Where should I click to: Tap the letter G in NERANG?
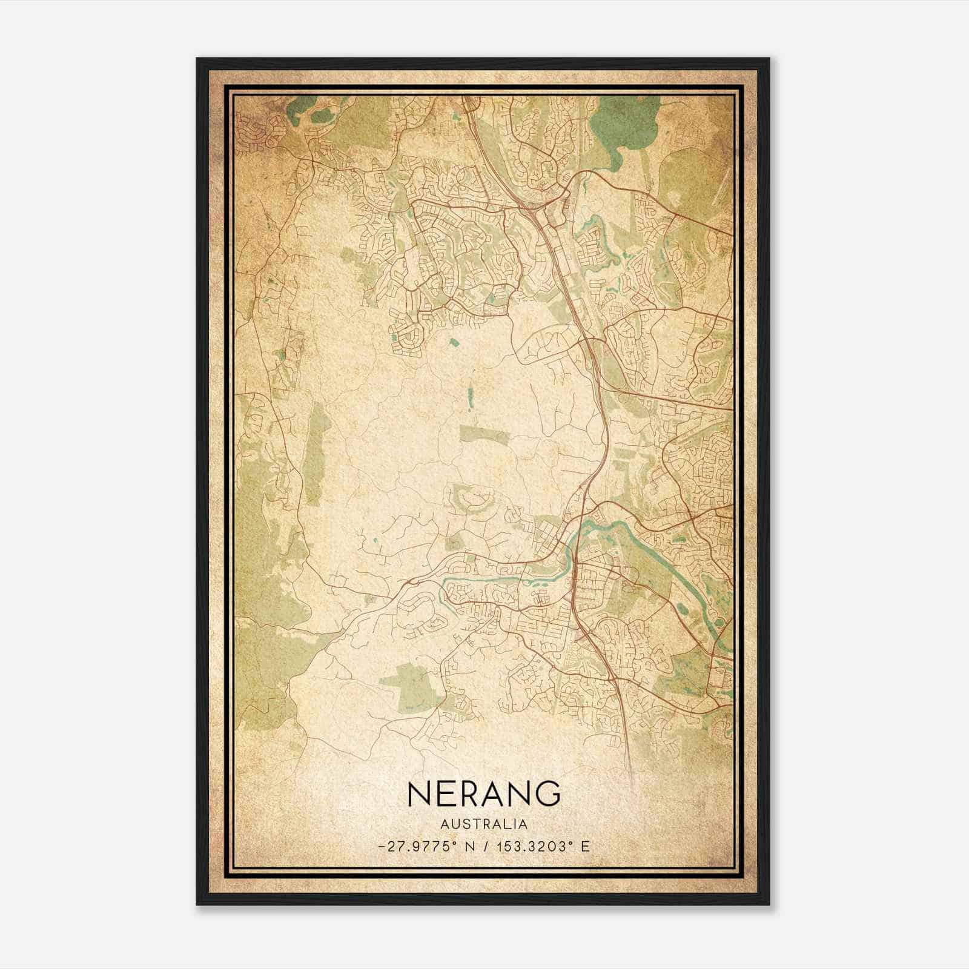click(x=546, y=793)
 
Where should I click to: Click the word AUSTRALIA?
click(x=484, y=824)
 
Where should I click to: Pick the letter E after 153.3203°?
click(x=584, y=847)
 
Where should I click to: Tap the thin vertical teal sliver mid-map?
click(x=469, y=399)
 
